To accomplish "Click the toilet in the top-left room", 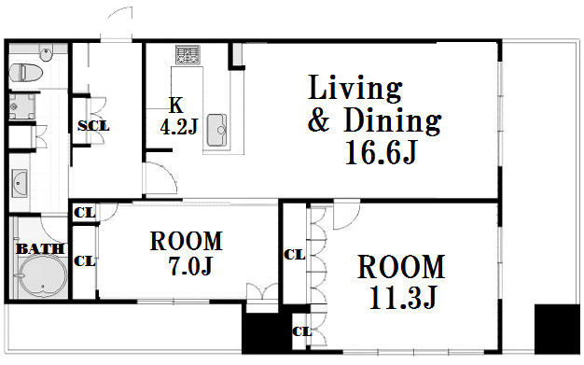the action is (26, 73).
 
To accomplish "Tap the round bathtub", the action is (43, 277).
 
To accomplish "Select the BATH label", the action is (40, 248).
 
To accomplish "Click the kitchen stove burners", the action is (188, 54).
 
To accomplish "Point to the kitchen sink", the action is (216, 130).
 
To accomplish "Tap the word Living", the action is (355, 88).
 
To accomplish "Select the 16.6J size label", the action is (381, 152).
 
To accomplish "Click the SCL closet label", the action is (93, 126).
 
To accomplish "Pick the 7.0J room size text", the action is (190, 266).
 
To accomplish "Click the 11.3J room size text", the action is (403, 298).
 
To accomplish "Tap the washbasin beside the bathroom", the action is (20, 183).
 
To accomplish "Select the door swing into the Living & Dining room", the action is (160, 178).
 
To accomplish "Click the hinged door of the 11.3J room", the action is (347, 215).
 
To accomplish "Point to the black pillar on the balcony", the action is (557, 330).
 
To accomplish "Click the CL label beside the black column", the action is (301, 331).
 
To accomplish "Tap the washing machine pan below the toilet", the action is (22, 106).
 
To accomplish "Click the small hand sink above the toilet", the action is (47, 54).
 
